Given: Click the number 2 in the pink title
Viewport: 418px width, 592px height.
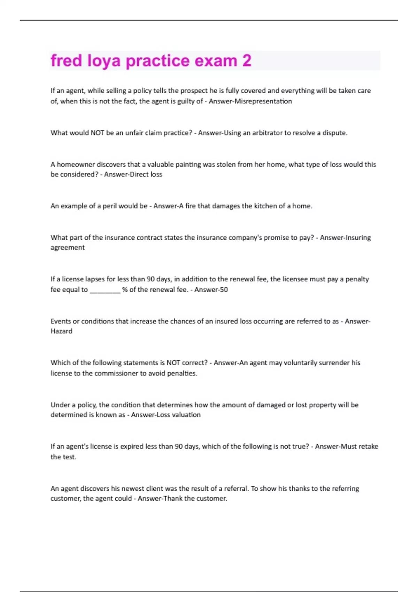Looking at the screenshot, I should (x=246, y=61).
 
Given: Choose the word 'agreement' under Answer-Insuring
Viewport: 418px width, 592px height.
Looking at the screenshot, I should (x=68, y=248).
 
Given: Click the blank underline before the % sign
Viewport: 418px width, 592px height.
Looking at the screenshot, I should (x=105, y=290).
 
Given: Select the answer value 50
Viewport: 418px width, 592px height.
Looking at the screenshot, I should (x=223, y=290).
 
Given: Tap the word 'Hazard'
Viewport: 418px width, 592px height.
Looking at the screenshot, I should (x=61, y=331).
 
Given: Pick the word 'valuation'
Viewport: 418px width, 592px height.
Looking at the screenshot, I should (x=187, y=415).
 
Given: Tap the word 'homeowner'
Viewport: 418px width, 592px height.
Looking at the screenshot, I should (x=75, y=164).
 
